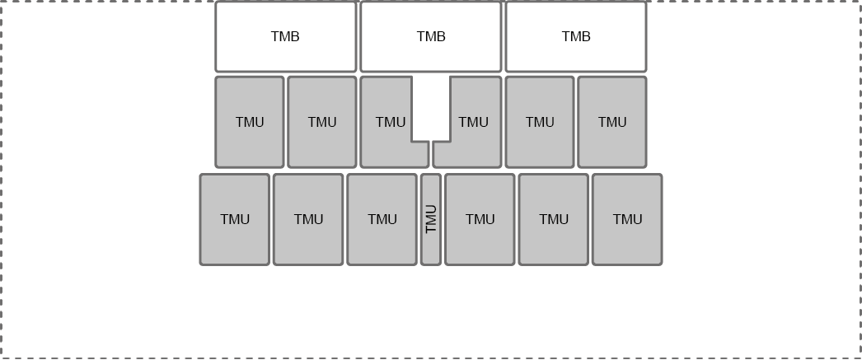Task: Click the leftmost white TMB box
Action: pyautogui.click(x=285, y=37)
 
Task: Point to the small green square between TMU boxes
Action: pyautogui.click(x=431, y=108)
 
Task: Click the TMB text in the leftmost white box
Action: pyautogui.click(x=285, y=37)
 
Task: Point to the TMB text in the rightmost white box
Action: pyautogui.click(x=576, y=37)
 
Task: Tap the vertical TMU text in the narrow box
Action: pyautogui.click(x=431, y=219)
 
